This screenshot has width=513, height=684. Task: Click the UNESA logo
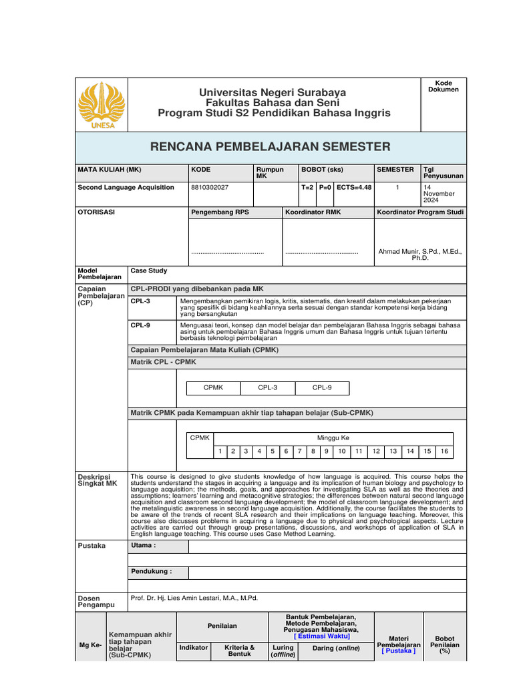point(101,105)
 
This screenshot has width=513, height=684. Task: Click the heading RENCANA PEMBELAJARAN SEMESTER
point(270,147)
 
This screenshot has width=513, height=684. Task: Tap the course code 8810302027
point(210,188)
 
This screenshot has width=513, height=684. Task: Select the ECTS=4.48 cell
point(354,188)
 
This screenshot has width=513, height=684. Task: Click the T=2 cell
point(307,188)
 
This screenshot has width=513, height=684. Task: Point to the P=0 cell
point(325,188)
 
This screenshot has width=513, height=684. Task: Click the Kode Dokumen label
point(444,86)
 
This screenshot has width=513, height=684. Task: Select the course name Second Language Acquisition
point(126,188)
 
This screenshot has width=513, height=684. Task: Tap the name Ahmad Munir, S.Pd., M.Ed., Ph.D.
point(420,254)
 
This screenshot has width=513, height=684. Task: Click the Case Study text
point(149,271)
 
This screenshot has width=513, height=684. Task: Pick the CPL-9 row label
point(140,325)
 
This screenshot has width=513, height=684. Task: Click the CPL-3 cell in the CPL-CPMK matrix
point(267,387)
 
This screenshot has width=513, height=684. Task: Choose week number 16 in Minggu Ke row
point(444,452)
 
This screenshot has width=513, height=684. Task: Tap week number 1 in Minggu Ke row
point(220,452)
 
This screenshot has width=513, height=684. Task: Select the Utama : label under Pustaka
point(144,546)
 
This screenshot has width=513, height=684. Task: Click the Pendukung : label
point(151,572)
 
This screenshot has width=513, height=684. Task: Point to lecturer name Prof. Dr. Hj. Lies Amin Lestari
point(194,598)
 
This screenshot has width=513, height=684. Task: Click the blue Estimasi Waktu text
point(321,636)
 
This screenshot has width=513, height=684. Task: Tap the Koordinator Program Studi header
point(420,212)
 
